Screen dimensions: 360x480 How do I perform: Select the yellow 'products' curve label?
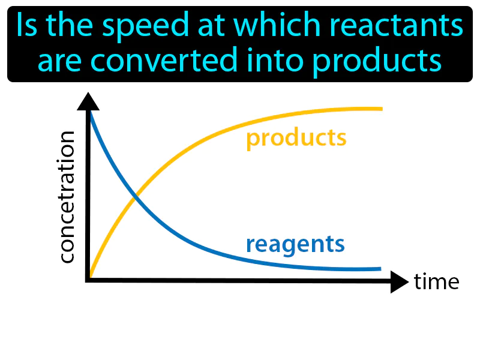[296, 139]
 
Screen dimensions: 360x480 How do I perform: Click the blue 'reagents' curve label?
[295, 245]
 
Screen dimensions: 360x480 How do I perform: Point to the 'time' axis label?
[436, 281]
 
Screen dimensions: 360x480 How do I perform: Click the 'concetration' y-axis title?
[67, 197]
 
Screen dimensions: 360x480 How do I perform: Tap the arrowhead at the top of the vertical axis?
[89, 102]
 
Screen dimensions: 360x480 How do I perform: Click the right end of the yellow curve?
[380, 109]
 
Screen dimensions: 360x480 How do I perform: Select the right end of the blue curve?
[379, 268]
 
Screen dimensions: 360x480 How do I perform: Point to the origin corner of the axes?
[89, 280]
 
